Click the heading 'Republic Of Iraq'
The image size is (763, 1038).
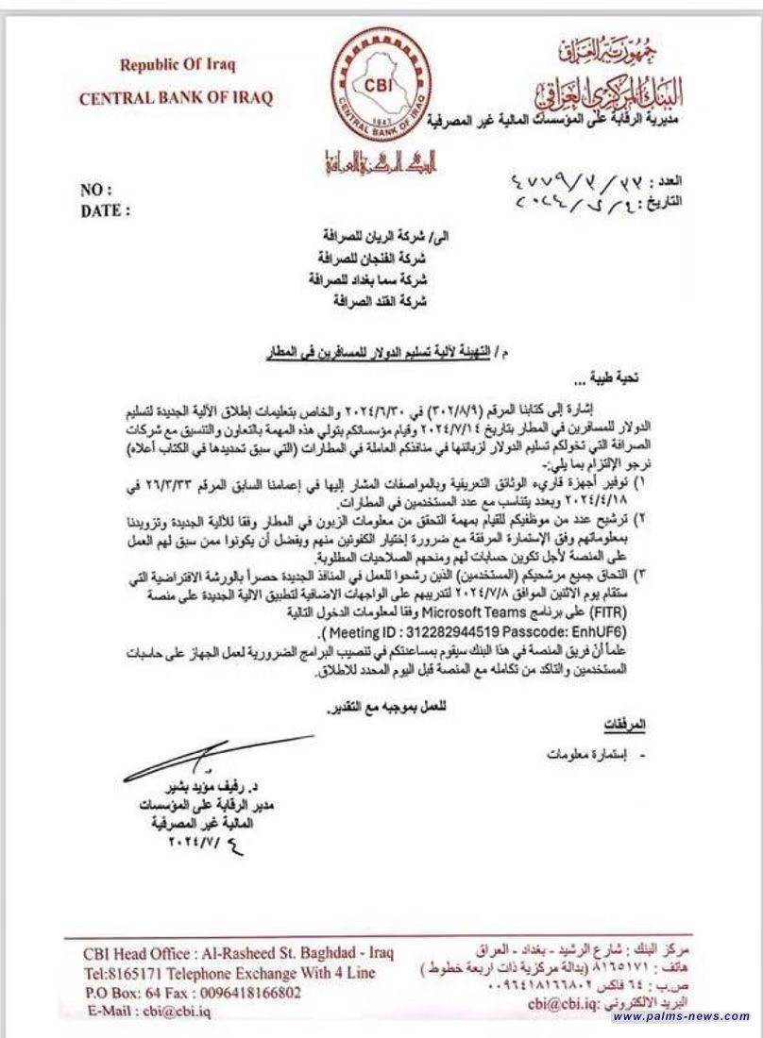point(177,65)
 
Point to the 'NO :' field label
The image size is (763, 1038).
point(96,190)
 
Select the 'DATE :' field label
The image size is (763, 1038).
point(106,210)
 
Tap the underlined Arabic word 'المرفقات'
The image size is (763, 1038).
point(624,724)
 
